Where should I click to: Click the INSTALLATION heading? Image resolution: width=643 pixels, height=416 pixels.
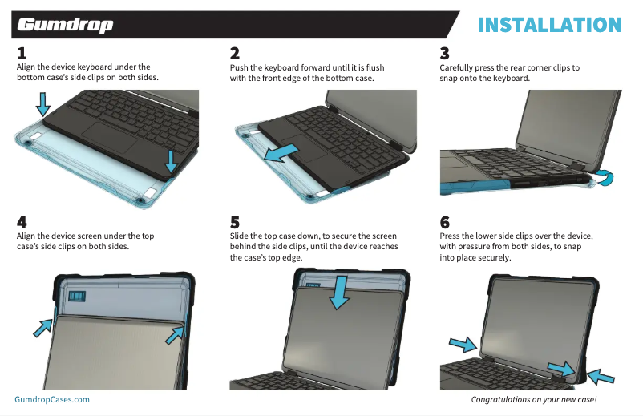(x=549, y=25)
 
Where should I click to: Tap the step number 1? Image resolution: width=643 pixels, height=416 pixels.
(x=22, y=55)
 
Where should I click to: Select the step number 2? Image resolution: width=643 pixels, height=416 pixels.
(x=235, y=55)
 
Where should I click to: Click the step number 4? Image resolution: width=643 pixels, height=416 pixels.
(x=22, y=222)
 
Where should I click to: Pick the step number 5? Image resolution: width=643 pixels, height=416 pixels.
(x=235, y=222)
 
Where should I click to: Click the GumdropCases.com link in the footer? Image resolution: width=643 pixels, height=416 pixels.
(x=52, y=398)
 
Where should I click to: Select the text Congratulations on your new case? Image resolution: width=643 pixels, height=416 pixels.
(x=533, y=399)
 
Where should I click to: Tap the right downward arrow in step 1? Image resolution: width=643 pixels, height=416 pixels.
(x=171, y=160)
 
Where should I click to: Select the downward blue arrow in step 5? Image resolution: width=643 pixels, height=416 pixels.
(x=340, y=292)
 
